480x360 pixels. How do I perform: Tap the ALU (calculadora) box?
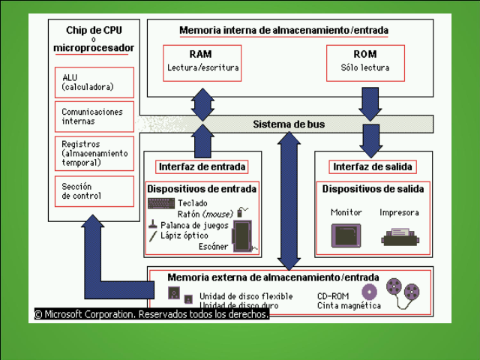tap(94, 82)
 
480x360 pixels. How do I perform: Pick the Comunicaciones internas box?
tap(94, 116)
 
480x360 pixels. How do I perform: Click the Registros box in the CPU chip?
tap(94, 153)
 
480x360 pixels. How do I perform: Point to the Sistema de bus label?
tap(289, 124)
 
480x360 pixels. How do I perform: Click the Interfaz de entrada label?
tap(202, 166)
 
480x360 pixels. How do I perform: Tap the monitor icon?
tap(346, 235)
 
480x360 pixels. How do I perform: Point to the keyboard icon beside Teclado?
tap(161, 203)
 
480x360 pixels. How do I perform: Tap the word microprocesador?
tap(94, 48)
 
